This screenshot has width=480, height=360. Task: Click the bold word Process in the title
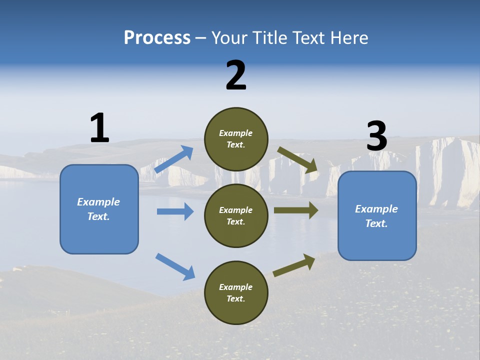click(x=157, y=37)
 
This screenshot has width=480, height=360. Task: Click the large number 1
click(x=99, y=128)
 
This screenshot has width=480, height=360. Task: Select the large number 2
click(x=236, y=75)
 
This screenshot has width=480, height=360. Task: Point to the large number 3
click(x=376, y=136)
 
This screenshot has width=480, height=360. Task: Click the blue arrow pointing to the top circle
click(x=174, y=159)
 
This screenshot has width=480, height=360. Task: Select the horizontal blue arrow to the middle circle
click(x=175, y=211)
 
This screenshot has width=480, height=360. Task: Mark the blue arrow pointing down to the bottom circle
click(x=175, y=266)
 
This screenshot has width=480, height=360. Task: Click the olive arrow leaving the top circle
click(x=297, y=159)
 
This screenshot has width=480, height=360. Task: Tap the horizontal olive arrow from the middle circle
click(x=295, y=210)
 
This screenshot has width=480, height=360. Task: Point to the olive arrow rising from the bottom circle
click(x=294, y=265)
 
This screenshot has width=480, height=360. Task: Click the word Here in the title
click(x=351, y=37)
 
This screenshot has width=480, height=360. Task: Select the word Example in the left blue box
click(x=98, y=202)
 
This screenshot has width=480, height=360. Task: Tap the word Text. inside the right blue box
click(x=376, y=223)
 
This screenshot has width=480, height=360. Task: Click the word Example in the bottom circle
click(x=236, y=287)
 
